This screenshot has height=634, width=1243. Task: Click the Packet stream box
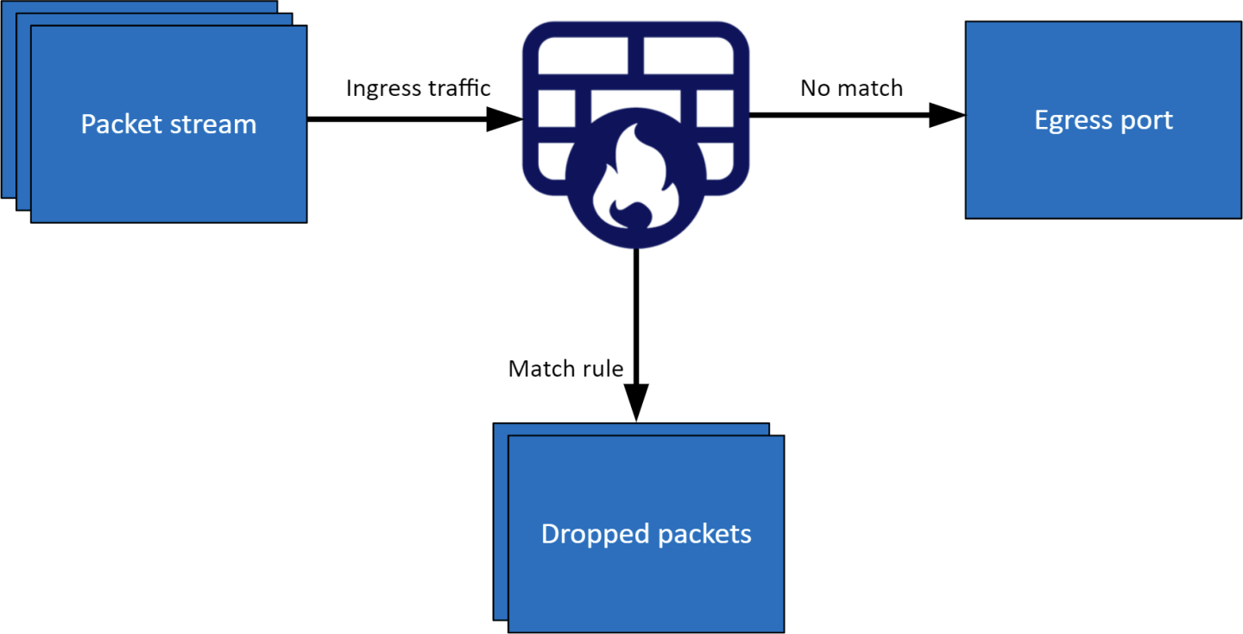[168, 164]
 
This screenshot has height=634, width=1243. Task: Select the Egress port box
[1103, 164]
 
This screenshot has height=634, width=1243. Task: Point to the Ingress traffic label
[418, 88]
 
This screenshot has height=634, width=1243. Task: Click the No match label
[851, 88]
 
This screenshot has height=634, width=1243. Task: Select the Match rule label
[565, 369]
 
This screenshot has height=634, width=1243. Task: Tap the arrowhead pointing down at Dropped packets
[635, 403]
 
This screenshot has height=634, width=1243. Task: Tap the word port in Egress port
[1149, 121]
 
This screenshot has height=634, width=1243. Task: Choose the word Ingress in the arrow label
[381, 88]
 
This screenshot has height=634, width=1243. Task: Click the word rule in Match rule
[603, 369]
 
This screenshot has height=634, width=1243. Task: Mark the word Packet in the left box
[119, 124]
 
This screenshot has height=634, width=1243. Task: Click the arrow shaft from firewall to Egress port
[837, 115]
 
